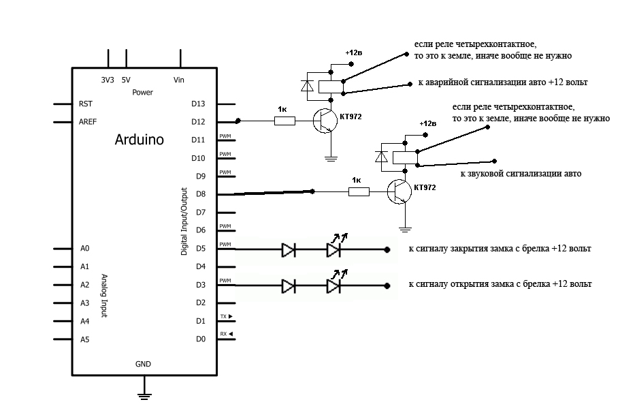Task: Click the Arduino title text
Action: point(139,140)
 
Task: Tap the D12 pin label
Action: point(198,122)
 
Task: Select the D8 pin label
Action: point(200,194)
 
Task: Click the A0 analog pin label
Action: point(85,249)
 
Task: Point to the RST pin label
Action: point(86,104)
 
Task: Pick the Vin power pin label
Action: point(179,80)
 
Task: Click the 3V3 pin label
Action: point(108,80)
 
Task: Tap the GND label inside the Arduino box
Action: point(143,364)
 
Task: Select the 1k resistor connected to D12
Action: point(284,121)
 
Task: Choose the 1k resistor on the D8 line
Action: point(359,193)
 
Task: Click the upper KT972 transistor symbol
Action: point(325,121)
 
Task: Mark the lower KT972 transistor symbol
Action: point(399,193)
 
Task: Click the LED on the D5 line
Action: point(333,249)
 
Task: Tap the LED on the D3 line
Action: point(333,285)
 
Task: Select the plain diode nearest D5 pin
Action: point(289,249)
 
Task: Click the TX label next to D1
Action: point(226,317)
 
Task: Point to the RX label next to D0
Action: point(226,334)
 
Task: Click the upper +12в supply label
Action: point(354,52)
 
